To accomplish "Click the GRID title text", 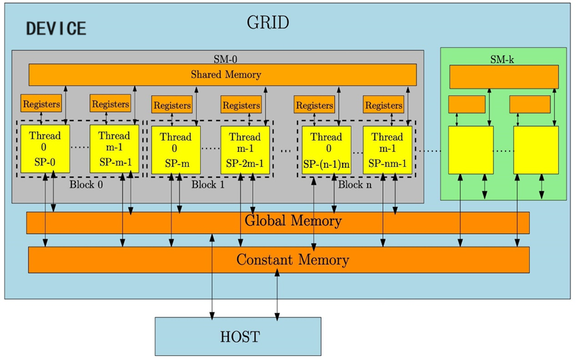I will [x=268, y=22].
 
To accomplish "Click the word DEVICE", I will [x=56, y=29].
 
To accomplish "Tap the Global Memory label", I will [x=293, y=221].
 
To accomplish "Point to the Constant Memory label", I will [x=292, y=259].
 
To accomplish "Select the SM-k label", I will [x=502, y=59].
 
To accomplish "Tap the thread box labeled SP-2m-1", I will [x=244, y=150].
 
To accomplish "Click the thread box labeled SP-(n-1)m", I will [x=326, y=150].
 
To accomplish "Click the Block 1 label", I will [x=207, y=185].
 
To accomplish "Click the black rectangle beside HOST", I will [x=500, y=337].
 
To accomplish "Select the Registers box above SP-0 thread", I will [x=41, y=104].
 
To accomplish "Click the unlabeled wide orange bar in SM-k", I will [x=504, y=77].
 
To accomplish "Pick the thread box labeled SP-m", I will [x=175, y=150].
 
